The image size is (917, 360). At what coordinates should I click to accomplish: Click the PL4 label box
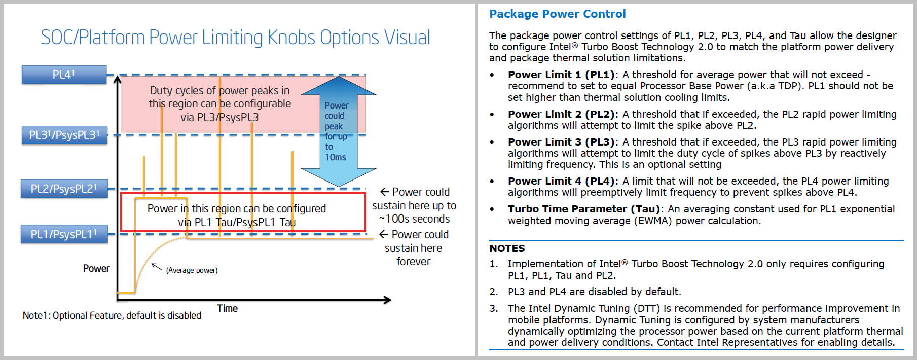(64, 75)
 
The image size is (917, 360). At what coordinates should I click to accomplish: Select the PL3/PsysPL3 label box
(64, 135)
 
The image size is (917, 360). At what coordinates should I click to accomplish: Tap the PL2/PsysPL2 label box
(64, 189)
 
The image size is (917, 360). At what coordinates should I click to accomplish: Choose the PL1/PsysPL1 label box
(64, 234)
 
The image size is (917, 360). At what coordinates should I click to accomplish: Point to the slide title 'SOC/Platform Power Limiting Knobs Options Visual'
(235, 38)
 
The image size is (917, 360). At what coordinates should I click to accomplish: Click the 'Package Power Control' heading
(557, 14)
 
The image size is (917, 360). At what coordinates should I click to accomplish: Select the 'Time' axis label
(227, 308)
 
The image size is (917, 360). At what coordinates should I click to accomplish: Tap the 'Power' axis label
(96, 268)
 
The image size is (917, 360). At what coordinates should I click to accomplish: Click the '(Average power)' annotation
(192, 270)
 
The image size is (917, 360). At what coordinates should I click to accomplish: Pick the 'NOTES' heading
(507, 248)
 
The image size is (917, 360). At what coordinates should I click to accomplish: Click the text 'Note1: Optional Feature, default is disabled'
(112, 315)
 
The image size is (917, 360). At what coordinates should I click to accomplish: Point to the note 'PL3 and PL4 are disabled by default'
(594, 292)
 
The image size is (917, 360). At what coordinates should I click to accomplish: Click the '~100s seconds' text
(414, 219)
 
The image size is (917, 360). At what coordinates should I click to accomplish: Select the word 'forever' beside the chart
(414, 262)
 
